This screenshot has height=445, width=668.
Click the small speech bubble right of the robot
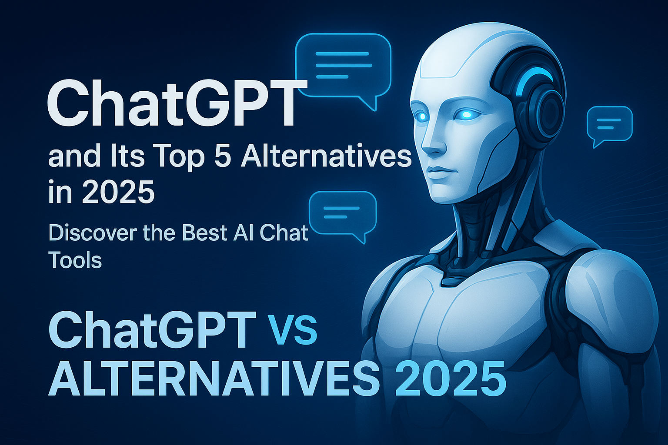pyautogui.click(x=609, y=126)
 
